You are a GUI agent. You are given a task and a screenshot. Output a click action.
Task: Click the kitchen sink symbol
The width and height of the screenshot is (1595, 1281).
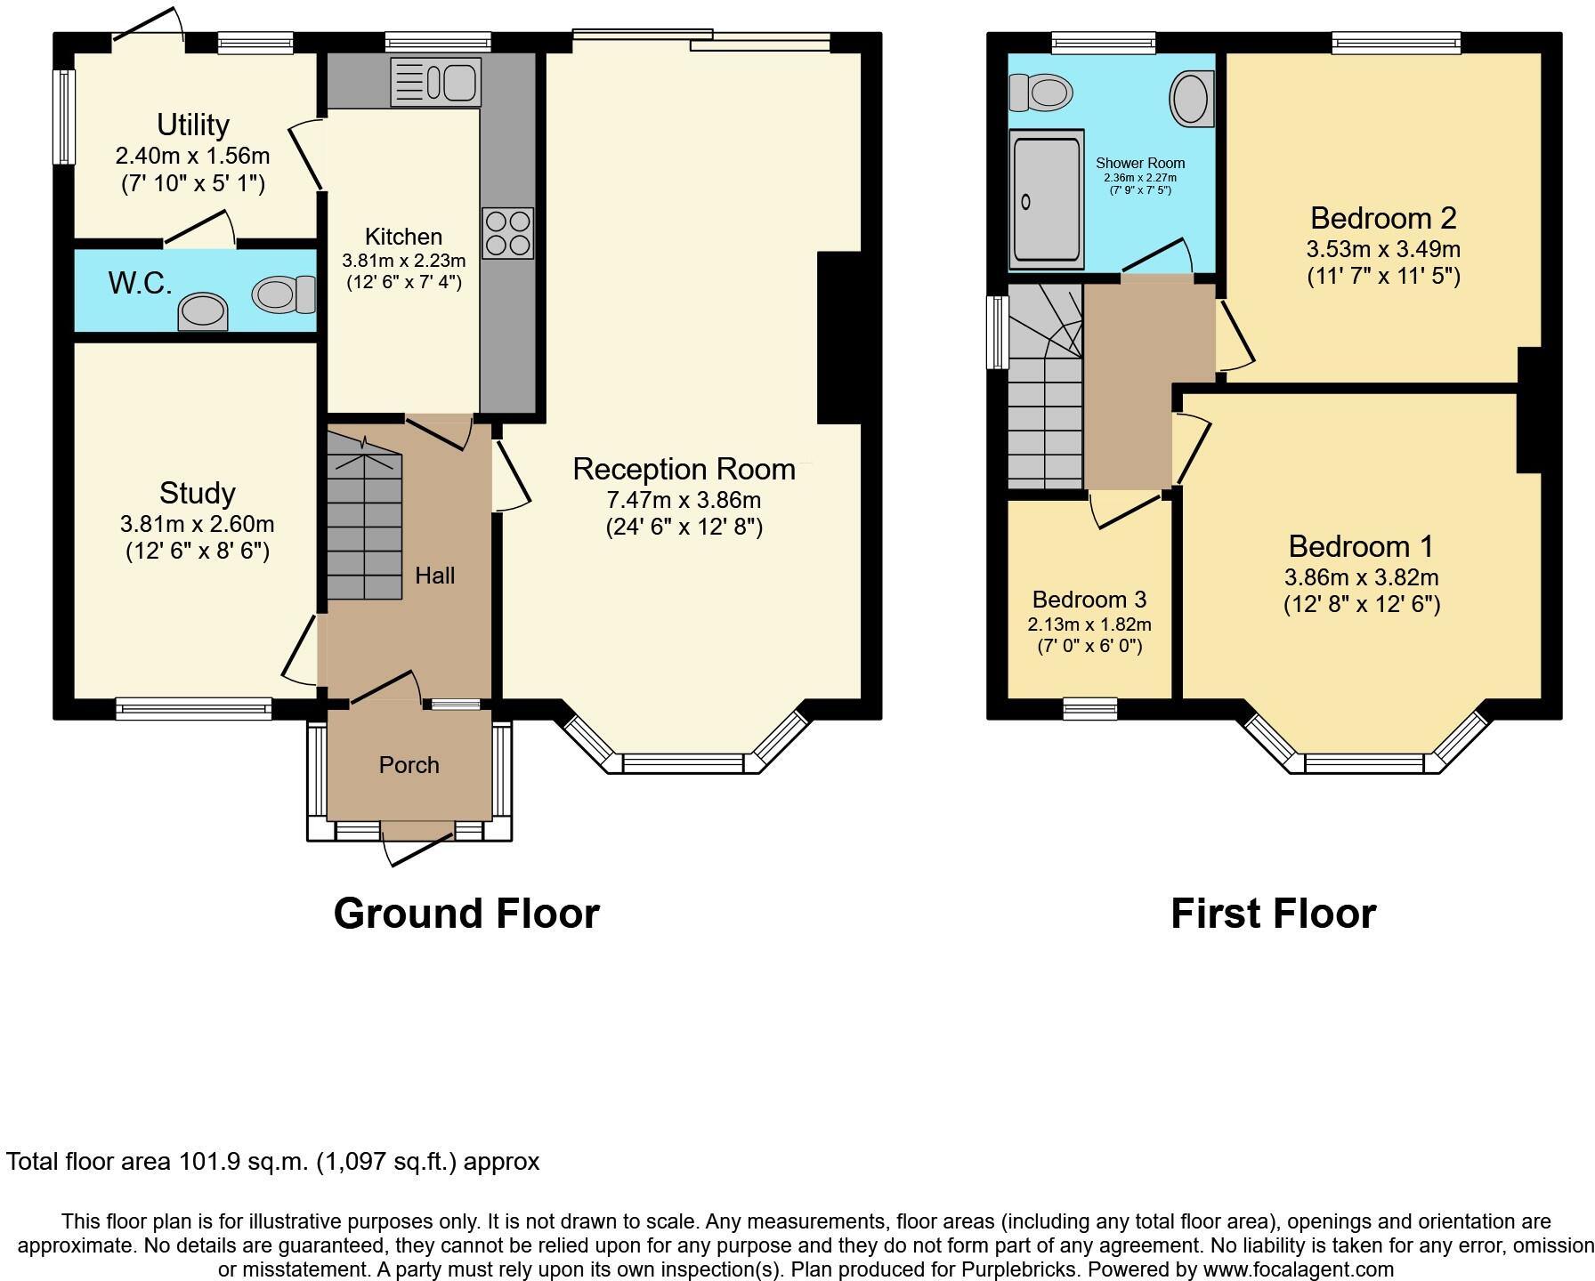pyautogui.click(x=435, y=82)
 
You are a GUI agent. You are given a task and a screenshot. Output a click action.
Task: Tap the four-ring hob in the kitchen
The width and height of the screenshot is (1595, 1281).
pyautogui.click(x=507, y=233)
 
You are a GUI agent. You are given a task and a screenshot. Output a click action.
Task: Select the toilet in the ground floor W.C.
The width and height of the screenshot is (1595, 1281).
pyautogui.click(x=284, y=294)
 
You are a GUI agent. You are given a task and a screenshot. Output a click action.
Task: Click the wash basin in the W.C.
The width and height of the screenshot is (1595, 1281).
pyautogui.click(x=203, y=312)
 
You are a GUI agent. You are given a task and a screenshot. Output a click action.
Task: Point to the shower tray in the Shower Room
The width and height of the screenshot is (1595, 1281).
pyautogui.click(x=1046, y=200)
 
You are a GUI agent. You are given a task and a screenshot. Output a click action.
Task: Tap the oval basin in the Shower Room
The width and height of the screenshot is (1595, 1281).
pyautogui.click(x=1191, y=98)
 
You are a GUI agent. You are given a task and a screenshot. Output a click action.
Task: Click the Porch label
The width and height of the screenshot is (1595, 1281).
pyautogui.click(x=409, y=765)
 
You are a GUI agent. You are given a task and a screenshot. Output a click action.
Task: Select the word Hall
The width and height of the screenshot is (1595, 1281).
pyautogui.click(x=434, y=576)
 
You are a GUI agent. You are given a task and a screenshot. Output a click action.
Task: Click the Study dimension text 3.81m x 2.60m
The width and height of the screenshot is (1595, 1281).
pyautogui.click(x=197, y=524)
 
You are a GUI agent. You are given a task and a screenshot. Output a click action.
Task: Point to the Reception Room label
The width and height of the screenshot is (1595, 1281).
pyautogui.click(x=684, y=469)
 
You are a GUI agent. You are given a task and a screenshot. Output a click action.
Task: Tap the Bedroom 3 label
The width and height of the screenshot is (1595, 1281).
pyautogui.click(x=1089, y=599)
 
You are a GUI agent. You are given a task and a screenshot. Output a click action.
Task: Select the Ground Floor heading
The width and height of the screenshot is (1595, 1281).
pyautogui.click(x=466, y=914)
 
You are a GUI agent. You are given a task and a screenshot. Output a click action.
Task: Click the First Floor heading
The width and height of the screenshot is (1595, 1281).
pyautogui.click(x=1273, y=914)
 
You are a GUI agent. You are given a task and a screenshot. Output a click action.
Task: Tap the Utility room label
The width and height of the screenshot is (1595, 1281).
pyautogui.click(x=193, y=125)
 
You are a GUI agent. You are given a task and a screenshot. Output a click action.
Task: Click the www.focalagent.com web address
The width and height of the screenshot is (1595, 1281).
pyautogui.click(x=1298, y=1269)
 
